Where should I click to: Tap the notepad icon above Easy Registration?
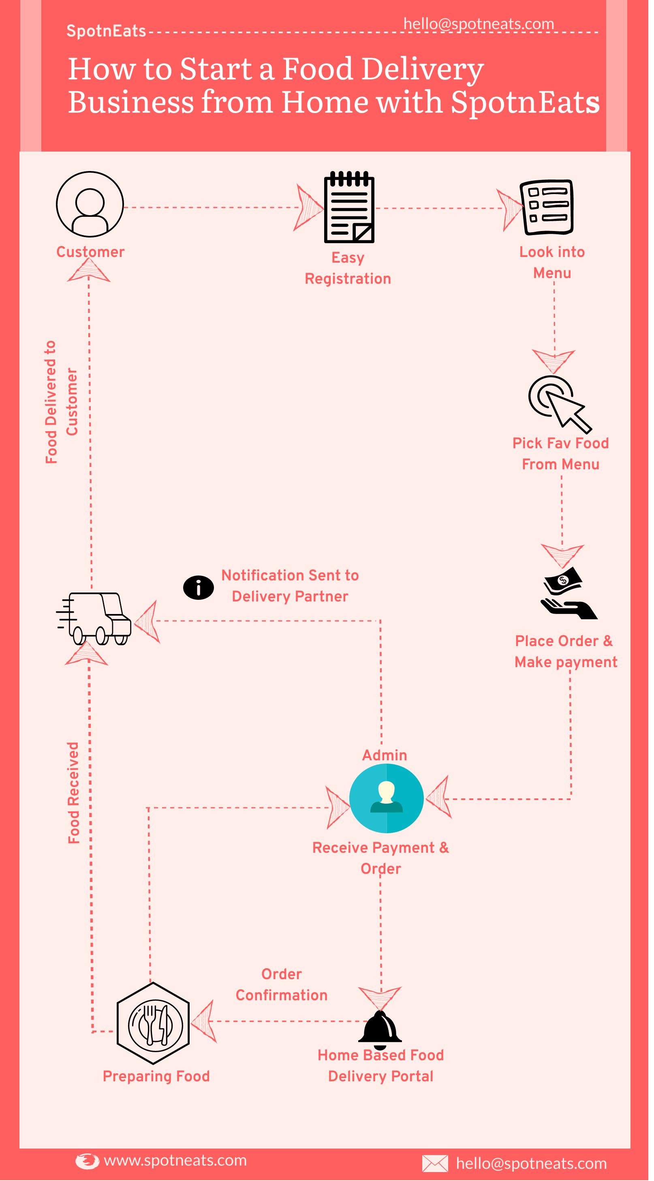coord(349,207)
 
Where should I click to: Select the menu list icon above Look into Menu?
coord(546,207)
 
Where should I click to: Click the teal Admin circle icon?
coord(386,798)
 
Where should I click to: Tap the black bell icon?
coord(380,1029)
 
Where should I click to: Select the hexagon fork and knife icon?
coord(153,1023)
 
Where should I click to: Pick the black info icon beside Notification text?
coord(199,587)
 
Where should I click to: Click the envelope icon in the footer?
coord(434,1163)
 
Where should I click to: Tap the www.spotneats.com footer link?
coord(175,1160)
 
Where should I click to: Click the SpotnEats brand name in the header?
coord(106,31)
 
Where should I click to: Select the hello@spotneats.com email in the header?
coord(479,24)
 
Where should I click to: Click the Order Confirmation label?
coord(281,984)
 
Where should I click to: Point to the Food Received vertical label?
coord(74,793)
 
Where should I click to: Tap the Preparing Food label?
coord(156,1076)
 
